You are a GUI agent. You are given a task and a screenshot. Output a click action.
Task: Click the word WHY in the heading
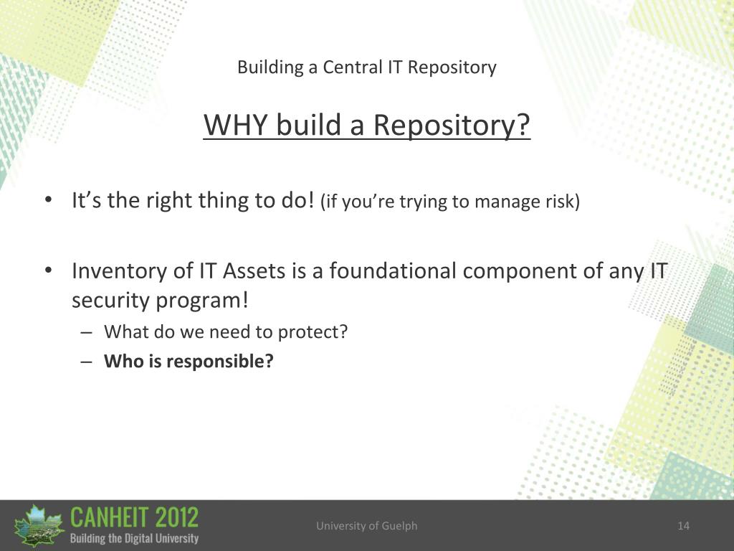235,125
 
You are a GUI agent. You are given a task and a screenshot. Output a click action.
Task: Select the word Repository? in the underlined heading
452,126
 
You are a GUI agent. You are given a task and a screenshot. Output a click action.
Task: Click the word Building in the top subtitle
270,68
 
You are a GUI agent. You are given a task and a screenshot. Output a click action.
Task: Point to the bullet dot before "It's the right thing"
48,200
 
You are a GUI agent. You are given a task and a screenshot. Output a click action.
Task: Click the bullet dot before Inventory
48,270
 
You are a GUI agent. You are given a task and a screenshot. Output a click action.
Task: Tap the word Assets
254,270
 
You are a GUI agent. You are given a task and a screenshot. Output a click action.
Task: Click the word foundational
393,270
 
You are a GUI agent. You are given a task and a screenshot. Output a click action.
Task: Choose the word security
110,301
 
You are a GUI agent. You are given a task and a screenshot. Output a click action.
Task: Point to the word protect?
313,332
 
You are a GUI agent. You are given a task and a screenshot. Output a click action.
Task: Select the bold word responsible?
220,362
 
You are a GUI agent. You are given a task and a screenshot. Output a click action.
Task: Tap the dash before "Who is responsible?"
86,362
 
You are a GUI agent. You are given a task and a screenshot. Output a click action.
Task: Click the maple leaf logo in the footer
39,526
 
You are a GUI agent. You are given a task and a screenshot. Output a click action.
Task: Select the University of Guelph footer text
366,526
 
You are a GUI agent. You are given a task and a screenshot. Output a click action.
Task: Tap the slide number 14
683,526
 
